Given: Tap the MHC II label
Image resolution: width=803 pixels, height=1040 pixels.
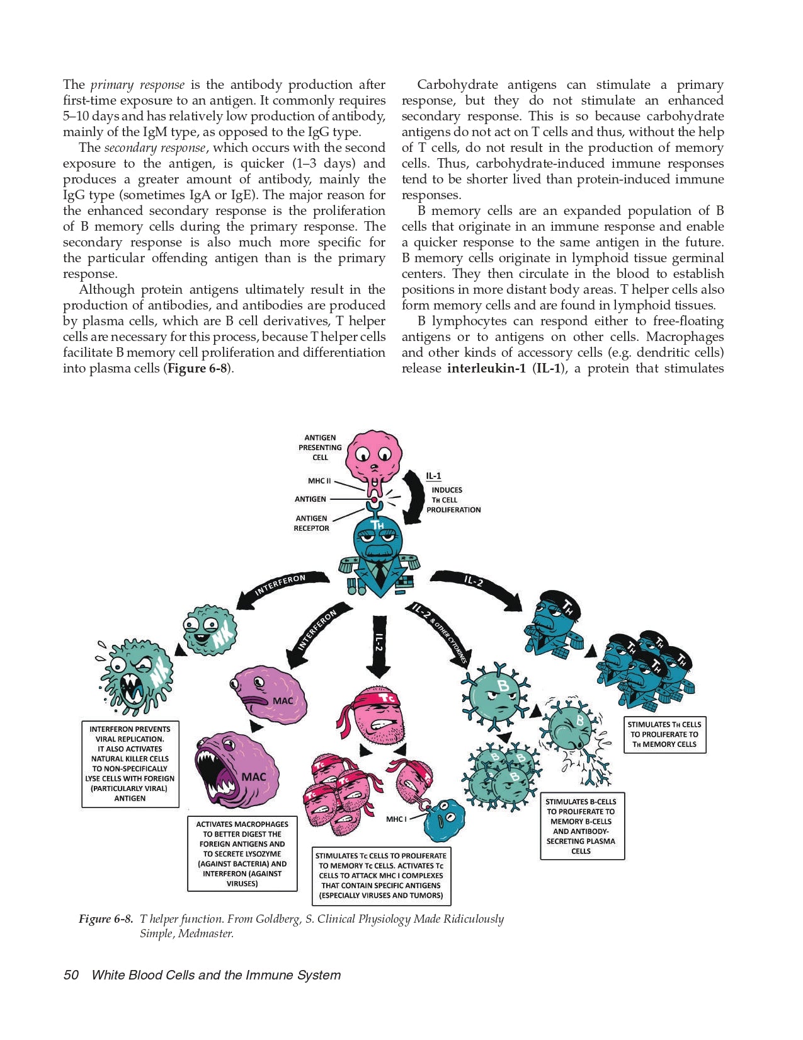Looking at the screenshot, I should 319,481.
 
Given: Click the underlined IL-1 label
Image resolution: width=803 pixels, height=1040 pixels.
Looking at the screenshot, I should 433,477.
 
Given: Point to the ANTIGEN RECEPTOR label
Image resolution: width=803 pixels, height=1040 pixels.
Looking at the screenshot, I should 311,523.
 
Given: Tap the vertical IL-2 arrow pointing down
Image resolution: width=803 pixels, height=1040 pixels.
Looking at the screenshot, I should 378,649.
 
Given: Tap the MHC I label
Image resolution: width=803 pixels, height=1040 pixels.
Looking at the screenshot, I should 396,819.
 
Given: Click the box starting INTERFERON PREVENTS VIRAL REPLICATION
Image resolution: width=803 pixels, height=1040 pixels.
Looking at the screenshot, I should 130,764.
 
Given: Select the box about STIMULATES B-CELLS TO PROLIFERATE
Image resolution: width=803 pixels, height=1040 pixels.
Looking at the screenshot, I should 582,826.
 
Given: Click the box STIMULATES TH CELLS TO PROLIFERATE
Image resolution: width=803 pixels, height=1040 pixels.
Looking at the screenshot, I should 664,734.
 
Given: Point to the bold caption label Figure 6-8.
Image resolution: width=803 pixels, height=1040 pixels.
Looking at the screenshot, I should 105,918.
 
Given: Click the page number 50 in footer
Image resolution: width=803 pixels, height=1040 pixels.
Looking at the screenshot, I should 71,975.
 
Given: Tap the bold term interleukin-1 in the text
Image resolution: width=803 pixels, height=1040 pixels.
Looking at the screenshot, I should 486,368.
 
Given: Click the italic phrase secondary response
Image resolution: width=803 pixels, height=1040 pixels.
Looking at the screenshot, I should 154,147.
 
